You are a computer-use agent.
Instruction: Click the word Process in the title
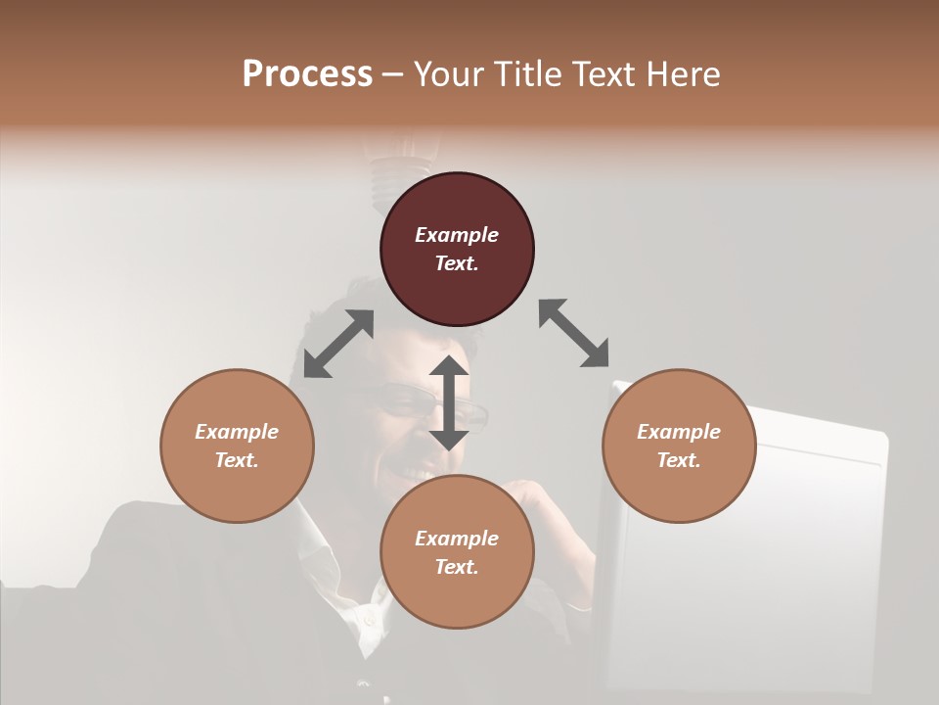[307, 74]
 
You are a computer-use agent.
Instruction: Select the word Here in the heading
[683, 74]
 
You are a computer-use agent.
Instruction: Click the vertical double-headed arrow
[449, 402]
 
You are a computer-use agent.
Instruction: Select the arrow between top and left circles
[338, 344]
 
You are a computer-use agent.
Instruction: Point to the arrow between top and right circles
[574, 334]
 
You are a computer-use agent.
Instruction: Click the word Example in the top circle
[457, 235]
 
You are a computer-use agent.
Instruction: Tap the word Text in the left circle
[237, 460]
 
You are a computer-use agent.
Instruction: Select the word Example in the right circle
[679, 432]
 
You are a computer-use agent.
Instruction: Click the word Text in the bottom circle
[457, 567]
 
